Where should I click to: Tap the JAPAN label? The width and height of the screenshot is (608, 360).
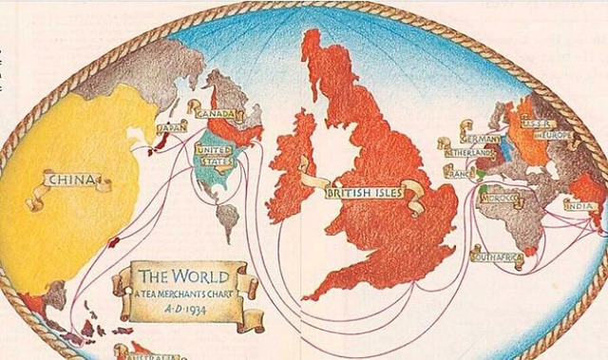coord(172,126)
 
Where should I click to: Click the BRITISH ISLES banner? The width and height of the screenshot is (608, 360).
coord(364,194)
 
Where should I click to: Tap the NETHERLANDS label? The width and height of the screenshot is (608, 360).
coord(470,153)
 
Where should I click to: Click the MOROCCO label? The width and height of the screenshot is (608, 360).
coord(501,200)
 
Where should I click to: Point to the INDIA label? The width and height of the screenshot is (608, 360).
coord(579,205)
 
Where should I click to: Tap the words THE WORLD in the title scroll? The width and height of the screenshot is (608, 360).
coord(184,276)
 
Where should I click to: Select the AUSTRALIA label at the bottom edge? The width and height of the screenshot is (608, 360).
coord(147,352)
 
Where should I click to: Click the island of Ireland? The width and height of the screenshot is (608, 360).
coord(291,166)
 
